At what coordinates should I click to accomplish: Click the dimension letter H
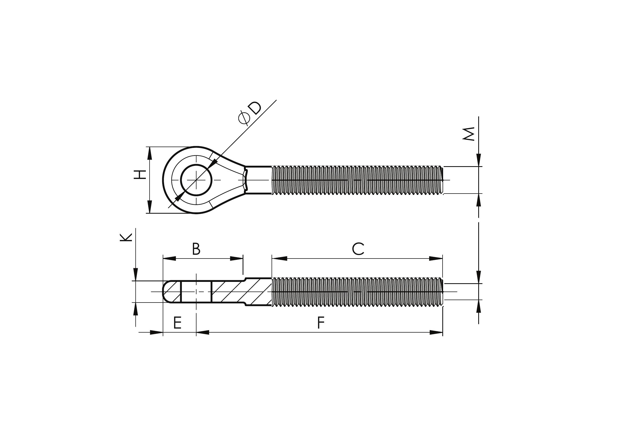140,174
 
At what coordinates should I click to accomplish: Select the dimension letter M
468,134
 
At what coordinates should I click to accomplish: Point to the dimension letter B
196,249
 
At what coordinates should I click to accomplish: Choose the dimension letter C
358,249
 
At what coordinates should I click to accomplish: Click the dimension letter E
177,323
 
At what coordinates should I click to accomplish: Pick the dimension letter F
321,323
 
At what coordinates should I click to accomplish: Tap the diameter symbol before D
244,118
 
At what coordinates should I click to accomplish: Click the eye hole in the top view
196,180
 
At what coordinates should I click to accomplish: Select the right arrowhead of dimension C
436,258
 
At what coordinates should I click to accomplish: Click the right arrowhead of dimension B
236,258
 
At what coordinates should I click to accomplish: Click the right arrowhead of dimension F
436,332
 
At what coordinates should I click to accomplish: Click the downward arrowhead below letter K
135,274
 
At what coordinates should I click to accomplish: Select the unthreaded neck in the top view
259,180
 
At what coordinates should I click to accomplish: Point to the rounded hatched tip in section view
172,292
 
